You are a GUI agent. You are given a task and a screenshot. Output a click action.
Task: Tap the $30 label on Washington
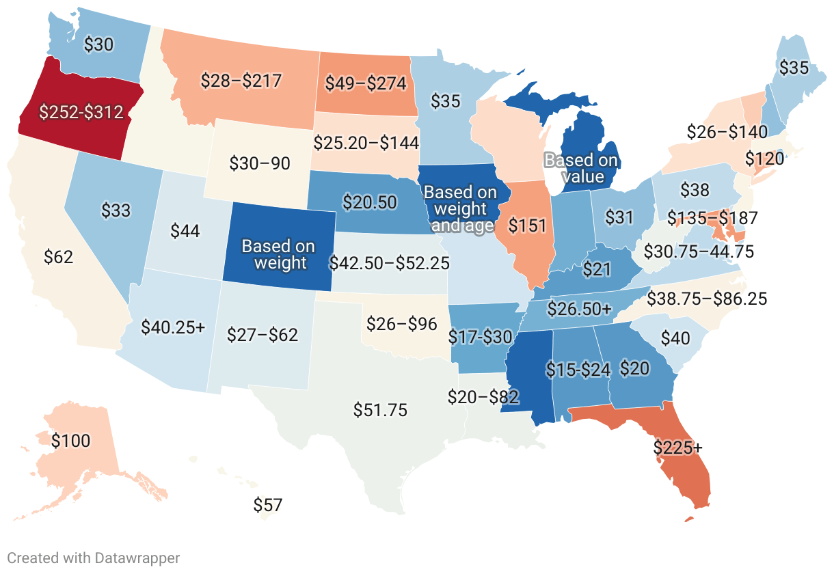coord(98,44)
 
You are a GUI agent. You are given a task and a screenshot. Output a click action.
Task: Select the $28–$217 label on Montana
coord(241,81)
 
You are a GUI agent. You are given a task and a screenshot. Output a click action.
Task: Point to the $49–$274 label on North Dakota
coord(365,83)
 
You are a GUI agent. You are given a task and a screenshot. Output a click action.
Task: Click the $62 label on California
coord(58,257)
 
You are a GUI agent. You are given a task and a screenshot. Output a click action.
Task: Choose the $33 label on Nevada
coord(116,210)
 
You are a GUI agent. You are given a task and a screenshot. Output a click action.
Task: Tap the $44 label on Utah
coord(185,231)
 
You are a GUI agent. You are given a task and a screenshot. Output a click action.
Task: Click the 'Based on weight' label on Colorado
coord(279,254)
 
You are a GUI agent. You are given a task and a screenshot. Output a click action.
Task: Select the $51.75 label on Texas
coord(380,410)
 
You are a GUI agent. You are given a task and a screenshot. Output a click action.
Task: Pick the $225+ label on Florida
coord(677,448)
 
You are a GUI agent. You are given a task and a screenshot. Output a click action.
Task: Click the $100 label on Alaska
coord(71,441)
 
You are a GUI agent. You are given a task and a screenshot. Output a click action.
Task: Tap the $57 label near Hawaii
coord(267,506)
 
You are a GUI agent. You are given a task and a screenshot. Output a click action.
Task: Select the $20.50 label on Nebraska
coord(369,202)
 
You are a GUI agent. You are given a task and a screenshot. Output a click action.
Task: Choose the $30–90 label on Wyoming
coord(260,164)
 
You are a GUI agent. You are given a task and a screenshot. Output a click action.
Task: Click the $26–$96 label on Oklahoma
coord(401,323)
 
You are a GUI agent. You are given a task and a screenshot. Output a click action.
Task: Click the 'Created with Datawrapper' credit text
coord(94,558)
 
